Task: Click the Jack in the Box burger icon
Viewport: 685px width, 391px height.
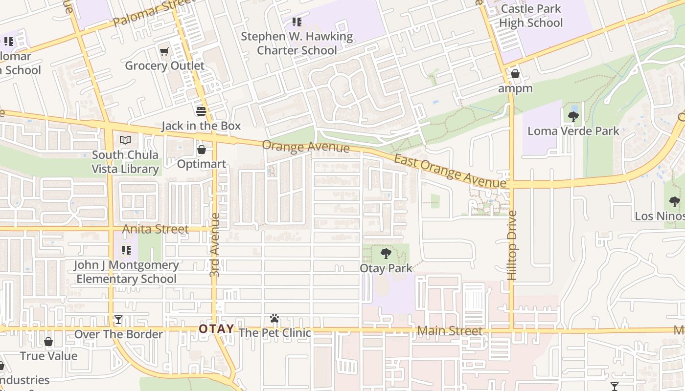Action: coord(201,111)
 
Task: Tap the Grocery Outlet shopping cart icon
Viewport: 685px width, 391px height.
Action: coord(164,51)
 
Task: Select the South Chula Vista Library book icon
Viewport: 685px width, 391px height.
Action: coord(125,140)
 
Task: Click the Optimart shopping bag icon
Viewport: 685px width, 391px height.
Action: coord(201,150)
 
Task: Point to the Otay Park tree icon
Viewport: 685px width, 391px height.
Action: coord(386,254)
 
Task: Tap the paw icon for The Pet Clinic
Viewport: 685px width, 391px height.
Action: coord(274,319)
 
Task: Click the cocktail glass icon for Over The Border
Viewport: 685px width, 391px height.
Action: coord(118,320)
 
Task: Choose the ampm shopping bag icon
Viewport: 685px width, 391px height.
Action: coord(515,74)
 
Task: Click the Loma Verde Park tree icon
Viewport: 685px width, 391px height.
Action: coord(573,116)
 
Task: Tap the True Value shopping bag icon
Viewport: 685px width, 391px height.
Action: coord(48,342)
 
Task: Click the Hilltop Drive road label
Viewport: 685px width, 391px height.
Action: coord(512,245)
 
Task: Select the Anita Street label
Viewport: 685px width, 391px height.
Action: coord(155,229)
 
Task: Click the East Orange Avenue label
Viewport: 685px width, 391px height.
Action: coord(450,171)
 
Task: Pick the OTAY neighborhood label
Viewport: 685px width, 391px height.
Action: coord(216,329)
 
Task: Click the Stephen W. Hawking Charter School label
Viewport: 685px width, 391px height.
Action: coord(297,43)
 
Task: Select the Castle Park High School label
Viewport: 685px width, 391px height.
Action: coord(531,16)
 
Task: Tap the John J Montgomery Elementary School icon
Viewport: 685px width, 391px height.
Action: coord(126,250)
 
